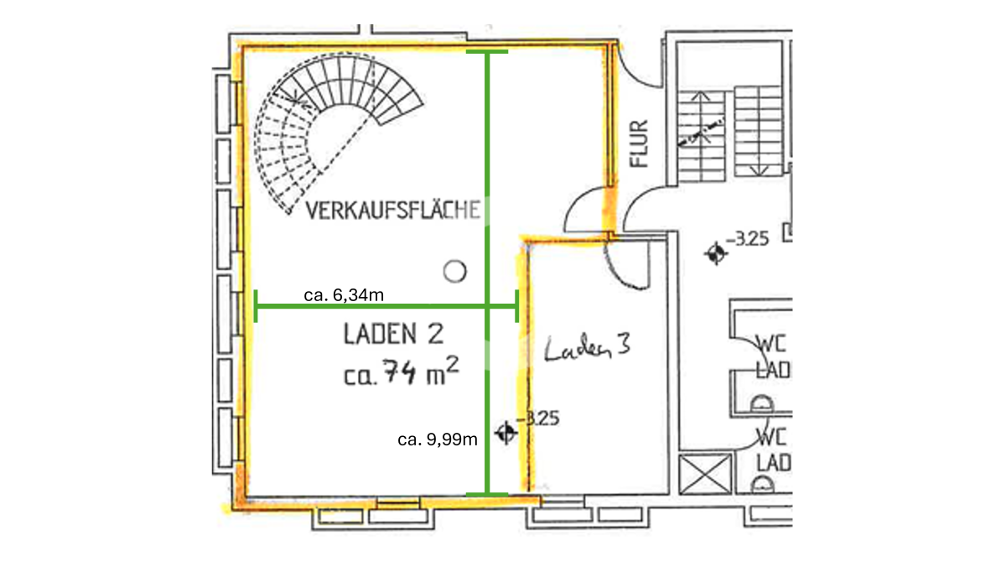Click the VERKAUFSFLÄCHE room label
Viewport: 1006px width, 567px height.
point(393,211)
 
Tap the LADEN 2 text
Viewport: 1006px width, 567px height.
point(394,334)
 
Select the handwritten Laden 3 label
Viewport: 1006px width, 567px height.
point(587,347)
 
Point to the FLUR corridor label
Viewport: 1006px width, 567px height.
point(639,143)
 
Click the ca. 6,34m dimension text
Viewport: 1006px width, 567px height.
point(344,295)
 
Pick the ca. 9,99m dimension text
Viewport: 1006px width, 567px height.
point(438,440)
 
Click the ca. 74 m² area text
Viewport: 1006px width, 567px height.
point(401,372)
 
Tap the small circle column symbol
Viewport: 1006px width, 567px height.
point(454,272)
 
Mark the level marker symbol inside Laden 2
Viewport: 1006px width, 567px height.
point(506,433)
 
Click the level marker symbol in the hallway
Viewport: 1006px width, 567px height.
point(715,253)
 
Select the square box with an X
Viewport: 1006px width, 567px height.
point(705,474)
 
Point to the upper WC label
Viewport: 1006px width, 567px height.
point(771,345)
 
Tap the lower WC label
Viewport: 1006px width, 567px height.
point(771,437)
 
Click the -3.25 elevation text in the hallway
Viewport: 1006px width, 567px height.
point(747,239)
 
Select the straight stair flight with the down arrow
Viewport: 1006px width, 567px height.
point(758,131)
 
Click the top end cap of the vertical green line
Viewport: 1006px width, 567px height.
point(487,52)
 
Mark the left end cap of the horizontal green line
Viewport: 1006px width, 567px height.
point(256,306)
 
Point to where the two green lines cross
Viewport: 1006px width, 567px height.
point(487,306)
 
